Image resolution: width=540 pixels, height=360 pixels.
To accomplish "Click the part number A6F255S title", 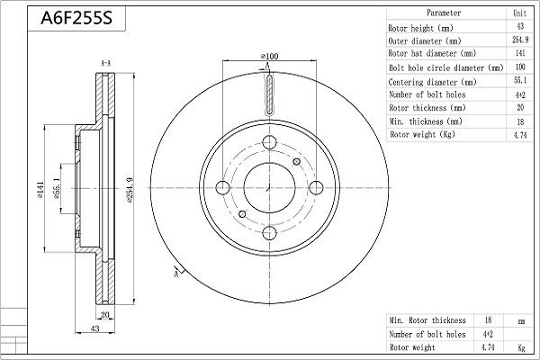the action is pyautogui.click(x=76, y=18).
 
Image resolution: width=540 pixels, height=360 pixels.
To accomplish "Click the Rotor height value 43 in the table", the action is pyautogui.click(x=520, y=26).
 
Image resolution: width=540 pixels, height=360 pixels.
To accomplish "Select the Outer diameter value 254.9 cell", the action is pyautogui.click(x=520, y=40).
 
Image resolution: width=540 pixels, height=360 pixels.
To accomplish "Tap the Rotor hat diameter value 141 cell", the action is pyautogui.click(x=520, y=53).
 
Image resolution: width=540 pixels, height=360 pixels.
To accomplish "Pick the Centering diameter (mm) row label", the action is pyautogui.click(x=432, y=82).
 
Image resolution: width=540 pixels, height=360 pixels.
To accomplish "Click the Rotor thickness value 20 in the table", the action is pyautogui.click(x=520, y=107).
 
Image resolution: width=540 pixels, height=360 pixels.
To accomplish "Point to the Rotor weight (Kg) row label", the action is pyautogui.click(x=422, y=134).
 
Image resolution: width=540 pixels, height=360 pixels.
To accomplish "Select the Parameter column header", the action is pyautogui.click(x=444, y=13).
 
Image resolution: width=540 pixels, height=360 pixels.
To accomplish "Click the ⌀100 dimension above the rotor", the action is pyautogui.click(x=270, y=56).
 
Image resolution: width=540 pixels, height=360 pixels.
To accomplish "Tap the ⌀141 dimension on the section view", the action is pyautogui.click(x=40, y=190).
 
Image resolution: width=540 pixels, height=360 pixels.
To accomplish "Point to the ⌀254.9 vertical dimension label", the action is pyautogui.click(x=130, y=190).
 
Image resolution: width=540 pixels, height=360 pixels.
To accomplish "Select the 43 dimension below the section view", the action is pyautogui.click(x=94, y=328).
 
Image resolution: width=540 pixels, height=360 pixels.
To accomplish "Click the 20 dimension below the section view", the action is pyautogui.click(x=104, y=314).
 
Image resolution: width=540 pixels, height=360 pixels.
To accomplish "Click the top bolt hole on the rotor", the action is pyautogui.click(x=269, y=142).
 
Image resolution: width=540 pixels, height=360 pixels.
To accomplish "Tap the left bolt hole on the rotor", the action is pyautogui.click(x=223, y=188).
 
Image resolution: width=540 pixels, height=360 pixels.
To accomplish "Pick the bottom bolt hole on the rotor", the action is pyautogui.click(x=269, y=233).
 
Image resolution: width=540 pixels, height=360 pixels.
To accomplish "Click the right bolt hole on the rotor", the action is pyautogui.click(x=316, y=188).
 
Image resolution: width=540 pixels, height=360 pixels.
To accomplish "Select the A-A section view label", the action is pyautogui.click(x=105, y=63).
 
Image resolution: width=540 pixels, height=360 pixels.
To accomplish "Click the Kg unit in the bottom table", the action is pyautogui.click(x=521, y=347).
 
